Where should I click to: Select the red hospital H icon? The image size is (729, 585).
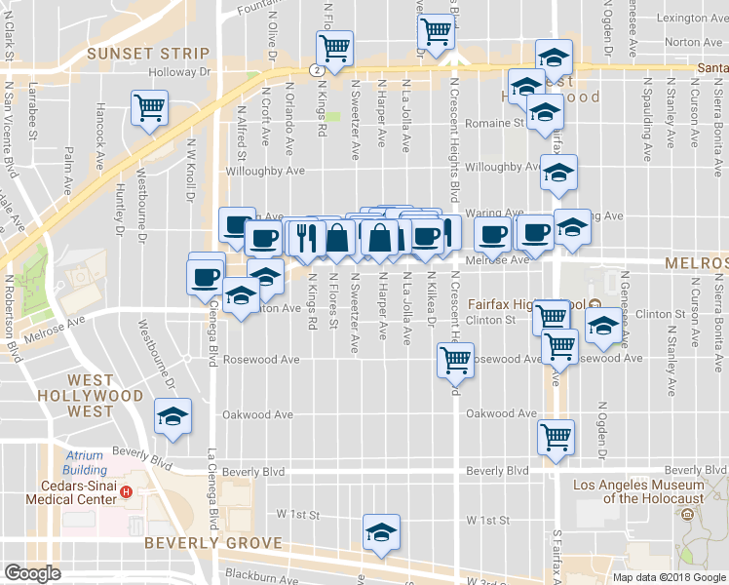point(126,491)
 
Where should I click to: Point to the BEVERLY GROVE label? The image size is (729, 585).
point(212,543)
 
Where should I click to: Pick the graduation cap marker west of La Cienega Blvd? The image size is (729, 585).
point(173,417)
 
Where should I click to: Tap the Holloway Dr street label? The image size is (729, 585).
point(179,72)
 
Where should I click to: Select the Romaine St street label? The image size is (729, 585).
point(495,124)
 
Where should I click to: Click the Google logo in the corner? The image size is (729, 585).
point(32,573)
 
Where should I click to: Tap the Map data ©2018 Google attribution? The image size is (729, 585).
point(670,577)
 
